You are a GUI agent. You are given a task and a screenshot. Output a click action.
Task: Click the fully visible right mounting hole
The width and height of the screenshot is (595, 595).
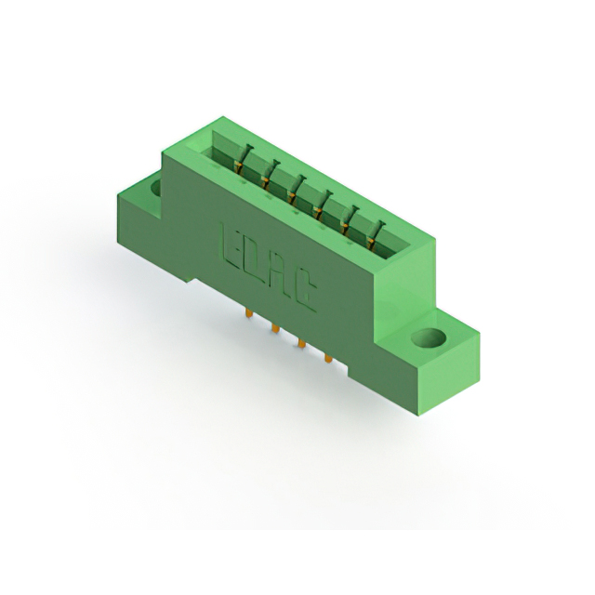pyautogui.click(x=429, y=337)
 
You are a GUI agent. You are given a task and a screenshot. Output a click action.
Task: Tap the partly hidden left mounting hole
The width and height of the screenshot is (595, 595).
pyautogui.click(x=156, y=187)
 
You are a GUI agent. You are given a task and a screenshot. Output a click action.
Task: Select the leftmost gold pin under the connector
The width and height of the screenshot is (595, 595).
pyautogui.click(x=250, y=313)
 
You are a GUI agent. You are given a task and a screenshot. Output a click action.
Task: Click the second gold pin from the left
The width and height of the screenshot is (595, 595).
pyautogui.click(x=276, y=328)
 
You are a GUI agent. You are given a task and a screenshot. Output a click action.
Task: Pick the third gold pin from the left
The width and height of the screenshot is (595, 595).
pyautogui.click(x=302, y=344)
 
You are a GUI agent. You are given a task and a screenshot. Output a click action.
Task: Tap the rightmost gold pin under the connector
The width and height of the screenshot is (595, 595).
pyautogui.click(x=328, y=358)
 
